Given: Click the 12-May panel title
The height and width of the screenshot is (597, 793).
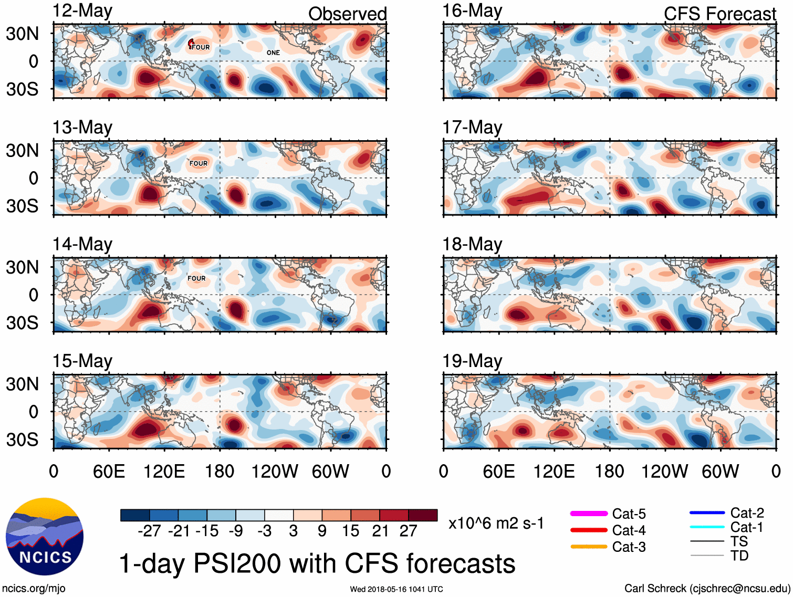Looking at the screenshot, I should pos(82,11).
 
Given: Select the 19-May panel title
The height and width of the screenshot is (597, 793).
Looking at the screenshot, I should pos(472,361).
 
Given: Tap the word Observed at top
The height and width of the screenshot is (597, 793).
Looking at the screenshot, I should pos(347,14).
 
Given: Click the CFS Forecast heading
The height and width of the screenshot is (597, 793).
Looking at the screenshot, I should pos(719,14).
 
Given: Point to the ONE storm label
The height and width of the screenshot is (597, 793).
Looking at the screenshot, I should pos(273,53).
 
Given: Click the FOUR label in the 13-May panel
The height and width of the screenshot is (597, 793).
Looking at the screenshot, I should pos(199,163).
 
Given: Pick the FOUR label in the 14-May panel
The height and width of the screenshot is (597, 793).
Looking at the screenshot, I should pos(196,278).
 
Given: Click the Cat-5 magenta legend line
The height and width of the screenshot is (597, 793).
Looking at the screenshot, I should pos(589,514).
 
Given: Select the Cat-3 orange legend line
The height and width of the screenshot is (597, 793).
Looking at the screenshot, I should pos(589,547).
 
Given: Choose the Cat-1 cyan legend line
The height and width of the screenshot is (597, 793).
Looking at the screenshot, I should pos(707,527).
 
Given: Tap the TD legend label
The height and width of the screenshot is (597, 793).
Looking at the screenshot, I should pos(739,556).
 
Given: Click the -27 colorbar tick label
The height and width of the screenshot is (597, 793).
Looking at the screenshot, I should pos(149,531).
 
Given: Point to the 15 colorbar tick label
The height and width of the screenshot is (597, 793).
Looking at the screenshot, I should pos(351,531).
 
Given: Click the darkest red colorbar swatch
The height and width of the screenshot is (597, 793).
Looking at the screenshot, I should pos(423,515).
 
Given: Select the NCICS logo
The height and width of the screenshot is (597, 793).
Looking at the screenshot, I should pos(45,536).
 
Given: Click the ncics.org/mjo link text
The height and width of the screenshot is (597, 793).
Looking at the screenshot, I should pos(34,589).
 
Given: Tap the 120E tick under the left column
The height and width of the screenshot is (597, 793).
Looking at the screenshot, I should pos(164,471).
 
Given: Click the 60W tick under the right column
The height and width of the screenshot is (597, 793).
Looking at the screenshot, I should pos(720,471).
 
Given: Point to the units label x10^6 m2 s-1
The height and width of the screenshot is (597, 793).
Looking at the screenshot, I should pos(496,523).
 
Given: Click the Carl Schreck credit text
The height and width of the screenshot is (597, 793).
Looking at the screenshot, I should pos(707,589).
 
